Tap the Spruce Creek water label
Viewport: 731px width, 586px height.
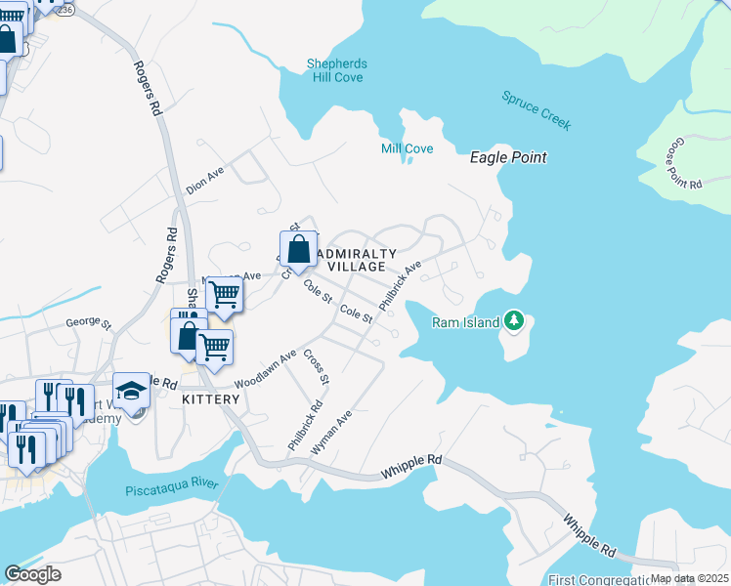(x=536, y=110)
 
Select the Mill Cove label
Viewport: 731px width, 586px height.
(x=407, y=148)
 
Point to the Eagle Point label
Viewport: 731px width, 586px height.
(x=508, y=157)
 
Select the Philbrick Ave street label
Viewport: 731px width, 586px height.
(x=401, y=284)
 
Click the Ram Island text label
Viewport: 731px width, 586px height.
(x=466, y=321)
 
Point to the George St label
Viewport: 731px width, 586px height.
(x=89, y=321)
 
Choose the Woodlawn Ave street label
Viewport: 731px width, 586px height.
(x=265, y=370)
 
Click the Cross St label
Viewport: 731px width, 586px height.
(x=317, y=365)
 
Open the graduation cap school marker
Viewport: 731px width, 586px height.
(x=131, y=391)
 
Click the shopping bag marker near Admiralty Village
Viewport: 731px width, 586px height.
(x=298, y=249)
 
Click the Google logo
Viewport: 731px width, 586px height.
(x=33, y=574)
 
